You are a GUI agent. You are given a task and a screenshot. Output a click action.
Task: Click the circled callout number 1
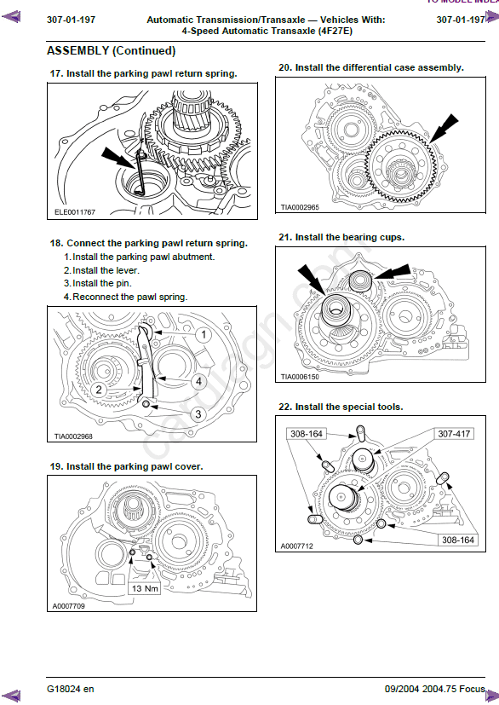coord(204,334)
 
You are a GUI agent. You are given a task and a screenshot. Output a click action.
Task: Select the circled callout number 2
coord(99,390)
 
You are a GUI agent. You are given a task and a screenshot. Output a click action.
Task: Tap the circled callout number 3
coord(198,414)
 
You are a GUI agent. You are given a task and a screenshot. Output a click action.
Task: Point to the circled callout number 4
coord(198,382)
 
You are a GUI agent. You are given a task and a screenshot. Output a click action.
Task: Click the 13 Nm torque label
coord(145,588)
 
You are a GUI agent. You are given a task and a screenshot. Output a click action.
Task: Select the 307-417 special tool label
coord(454,434)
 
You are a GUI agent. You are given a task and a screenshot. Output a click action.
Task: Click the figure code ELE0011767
coord(75,211)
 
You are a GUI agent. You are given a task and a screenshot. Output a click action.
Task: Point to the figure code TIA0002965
coord(300,207)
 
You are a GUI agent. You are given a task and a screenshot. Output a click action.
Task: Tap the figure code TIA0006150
coord(300,377)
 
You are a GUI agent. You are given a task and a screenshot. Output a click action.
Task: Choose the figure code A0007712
coord(297,546)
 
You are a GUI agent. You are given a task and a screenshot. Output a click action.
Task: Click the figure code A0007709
coord(69,606)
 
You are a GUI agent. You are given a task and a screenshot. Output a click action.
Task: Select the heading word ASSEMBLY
coord(78,51)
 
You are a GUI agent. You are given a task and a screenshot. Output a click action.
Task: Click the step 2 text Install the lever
coord(106,270)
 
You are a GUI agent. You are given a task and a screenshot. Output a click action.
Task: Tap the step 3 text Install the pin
coord(102,283)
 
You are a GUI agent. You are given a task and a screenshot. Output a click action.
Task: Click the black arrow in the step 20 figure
coord(444,129)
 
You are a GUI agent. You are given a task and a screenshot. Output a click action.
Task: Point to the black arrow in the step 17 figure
coord(118,159)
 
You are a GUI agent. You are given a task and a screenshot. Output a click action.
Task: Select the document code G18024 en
coord(71,689)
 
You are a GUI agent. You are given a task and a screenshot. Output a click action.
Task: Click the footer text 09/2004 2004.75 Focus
coord(435,689)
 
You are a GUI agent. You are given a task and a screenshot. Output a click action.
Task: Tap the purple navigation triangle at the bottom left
coord(11,696)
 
